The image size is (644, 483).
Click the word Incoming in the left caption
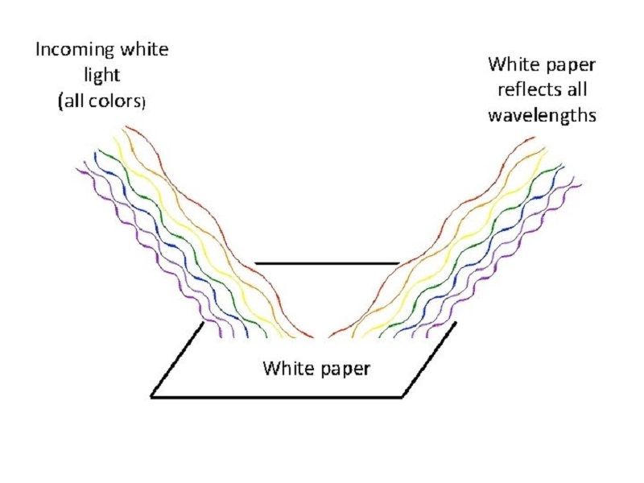coord(68,49)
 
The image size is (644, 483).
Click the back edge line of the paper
coord(326,263)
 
